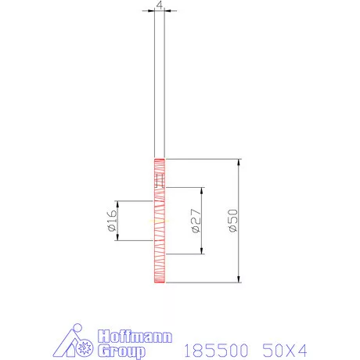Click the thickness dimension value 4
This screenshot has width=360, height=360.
pyautogui.click(x=160, y=5)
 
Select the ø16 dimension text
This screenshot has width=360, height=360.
pyautogui.click(x=110, y=221)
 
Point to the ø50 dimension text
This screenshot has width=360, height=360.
pyautogui.click(x=232, y=221)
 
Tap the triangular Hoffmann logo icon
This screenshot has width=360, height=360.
pyautogui.click(x=74, y=342)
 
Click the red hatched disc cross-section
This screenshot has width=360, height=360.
pyautogui.click(x=160, y=235)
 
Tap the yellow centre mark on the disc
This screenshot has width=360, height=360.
pyautogui.click(x=160, y=221)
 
